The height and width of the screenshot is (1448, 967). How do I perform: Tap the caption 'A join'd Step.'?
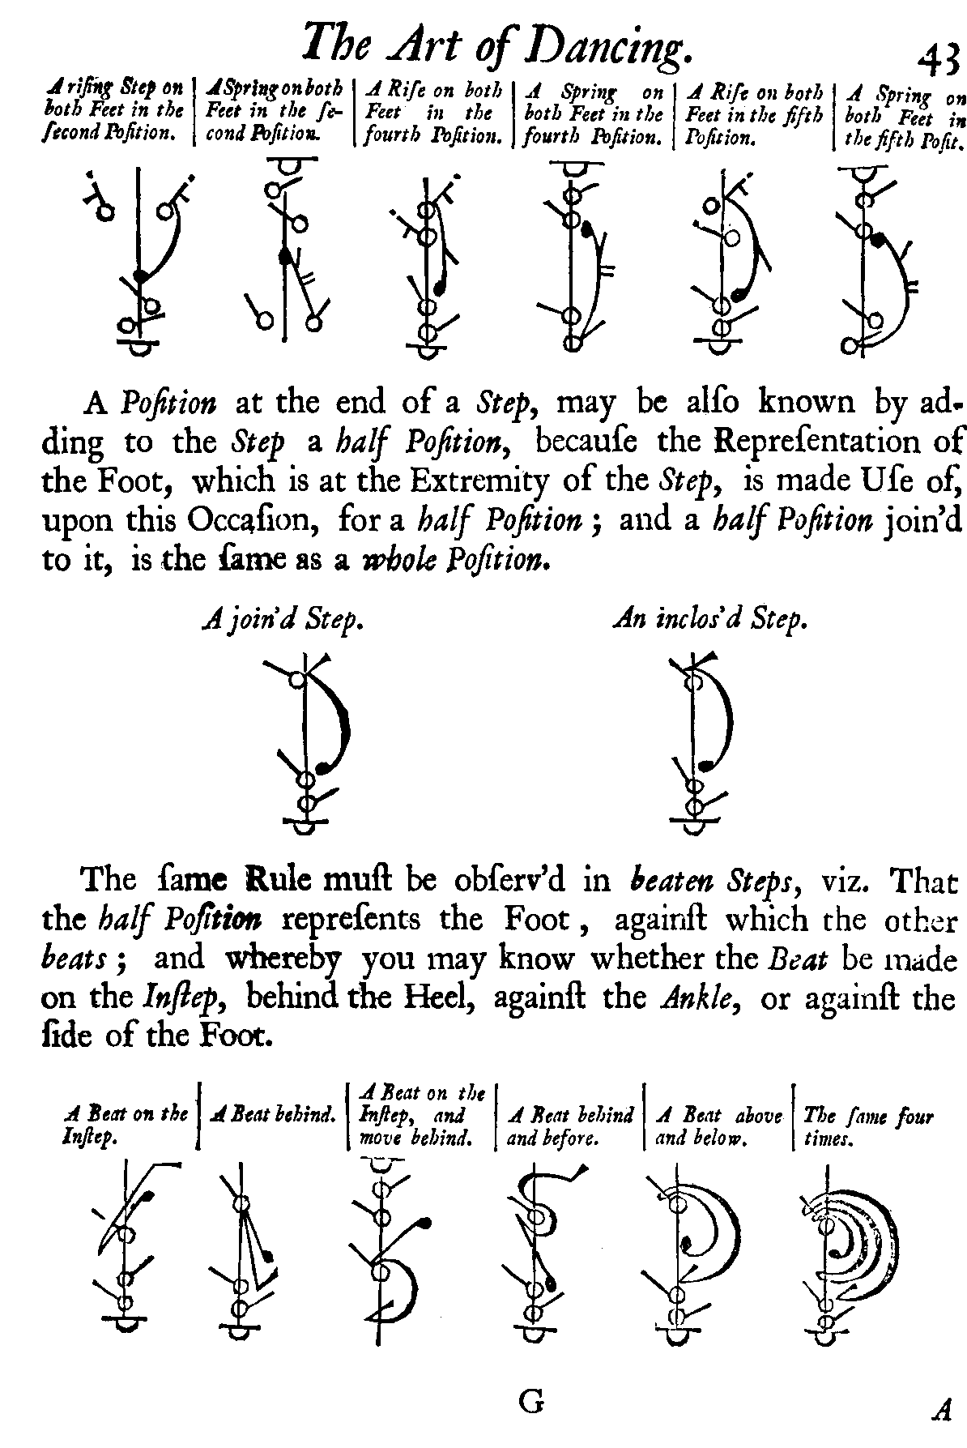pyautogui.click(x=281, y=621)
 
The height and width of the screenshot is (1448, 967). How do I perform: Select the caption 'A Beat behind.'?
pyautogui.click(x=272, y=1115)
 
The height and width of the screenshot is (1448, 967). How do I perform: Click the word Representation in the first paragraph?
pyautogui.click(x=829, y=442)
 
